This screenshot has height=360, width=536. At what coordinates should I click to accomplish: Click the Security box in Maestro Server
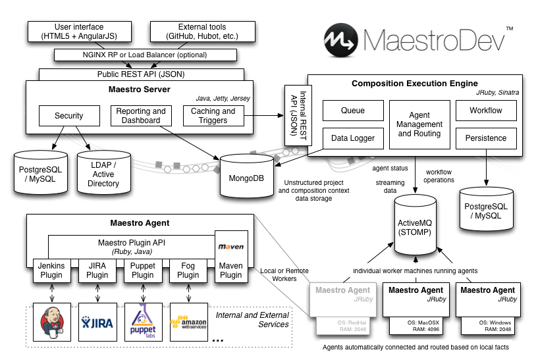69,116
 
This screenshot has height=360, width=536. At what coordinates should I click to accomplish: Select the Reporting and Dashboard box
141,116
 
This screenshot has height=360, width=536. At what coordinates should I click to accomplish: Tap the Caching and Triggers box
213,116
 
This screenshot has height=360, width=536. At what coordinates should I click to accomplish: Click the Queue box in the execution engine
352,111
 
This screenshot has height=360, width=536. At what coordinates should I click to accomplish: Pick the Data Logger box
352,138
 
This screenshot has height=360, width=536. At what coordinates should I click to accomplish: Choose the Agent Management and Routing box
420,124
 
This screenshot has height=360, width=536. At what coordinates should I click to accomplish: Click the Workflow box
486,111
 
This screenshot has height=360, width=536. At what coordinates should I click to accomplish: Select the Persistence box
486,138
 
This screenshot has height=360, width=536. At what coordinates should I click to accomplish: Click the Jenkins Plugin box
51,270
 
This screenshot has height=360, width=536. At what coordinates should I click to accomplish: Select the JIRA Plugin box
97,270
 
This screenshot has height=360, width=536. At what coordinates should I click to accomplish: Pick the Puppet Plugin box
142,270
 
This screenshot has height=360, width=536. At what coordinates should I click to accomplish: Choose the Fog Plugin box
188,270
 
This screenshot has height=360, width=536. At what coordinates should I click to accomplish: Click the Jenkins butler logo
51,322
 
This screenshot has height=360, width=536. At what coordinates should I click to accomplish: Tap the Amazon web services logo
188,322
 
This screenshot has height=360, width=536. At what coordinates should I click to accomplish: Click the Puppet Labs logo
143,322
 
